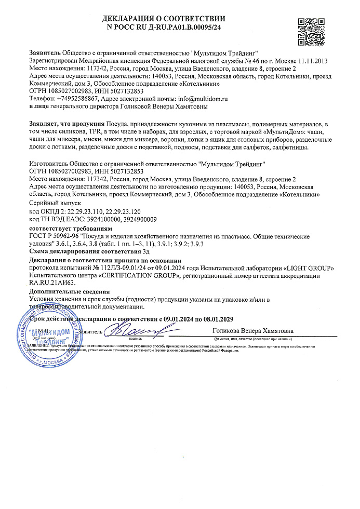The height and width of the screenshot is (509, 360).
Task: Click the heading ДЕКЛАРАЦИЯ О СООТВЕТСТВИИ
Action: tap(164, 19)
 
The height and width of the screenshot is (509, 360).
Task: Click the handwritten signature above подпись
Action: tap(136, 330)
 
